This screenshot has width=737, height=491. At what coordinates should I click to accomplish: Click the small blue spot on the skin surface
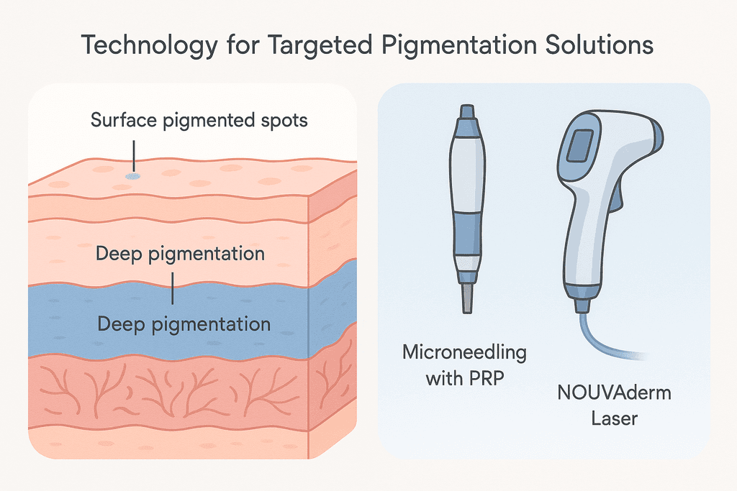pos(132,175)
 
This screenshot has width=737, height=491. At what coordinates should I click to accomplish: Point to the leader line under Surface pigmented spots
pos(132,153)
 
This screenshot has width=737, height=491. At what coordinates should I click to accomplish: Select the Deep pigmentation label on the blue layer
pos(184,323)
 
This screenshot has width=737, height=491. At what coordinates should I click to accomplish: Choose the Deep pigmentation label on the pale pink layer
pos(180,254)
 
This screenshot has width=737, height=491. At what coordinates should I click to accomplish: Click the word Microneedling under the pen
pos(464,353)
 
